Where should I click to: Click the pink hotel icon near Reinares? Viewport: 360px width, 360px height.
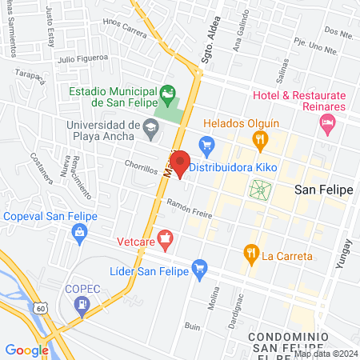(x=326, y=122)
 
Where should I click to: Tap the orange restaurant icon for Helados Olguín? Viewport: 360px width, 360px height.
(x=259, y=140)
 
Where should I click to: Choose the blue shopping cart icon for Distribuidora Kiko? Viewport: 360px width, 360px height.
(x=206, y=145)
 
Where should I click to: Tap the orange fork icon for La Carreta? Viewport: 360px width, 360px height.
(x=251, y=254)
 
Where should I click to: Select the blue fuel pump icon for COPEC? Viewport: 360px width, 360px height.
(x=82, y=304)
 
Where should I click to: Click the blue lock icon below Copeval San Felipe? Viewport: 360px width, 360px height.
(x=78, y=233)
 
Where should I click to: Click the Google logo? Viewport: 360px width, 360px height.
(x=26, y=350)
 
